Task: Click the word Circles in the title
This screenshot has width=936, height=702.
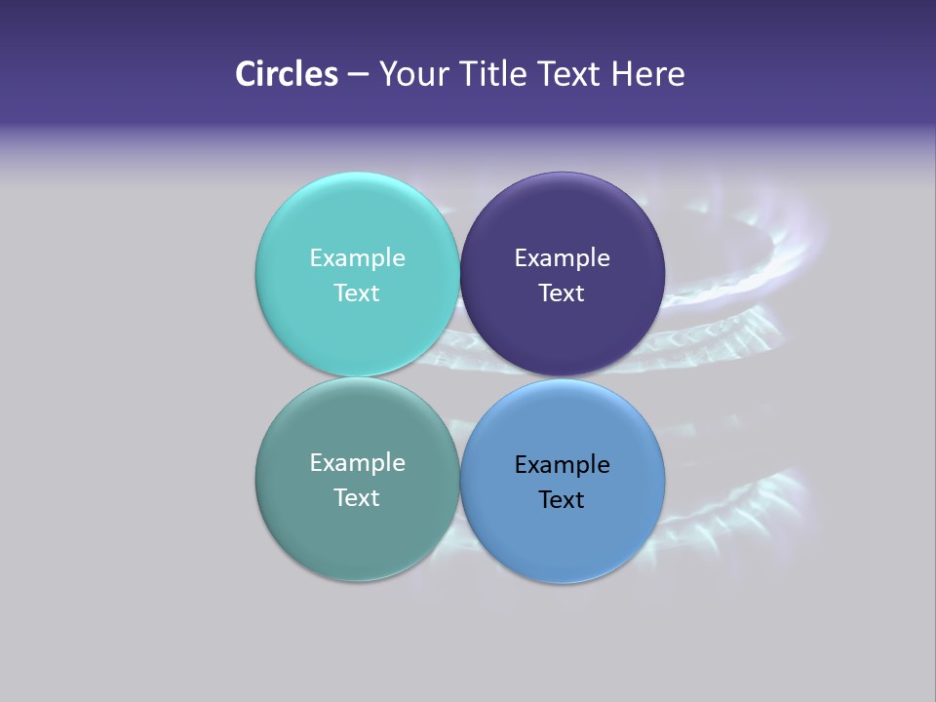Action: point(287,74)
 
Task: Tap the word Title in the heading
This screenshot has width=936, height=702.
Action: point(494,74)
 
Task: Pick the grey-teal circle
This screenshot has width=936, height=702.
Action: point(357,531)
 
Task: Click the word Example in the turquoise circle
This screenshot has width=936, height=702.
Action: point(357,257)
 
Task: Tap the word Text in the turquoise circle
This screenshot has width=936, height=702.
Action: point(357,292)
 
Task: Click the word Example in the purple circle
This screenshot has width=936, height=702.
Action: point(562,257)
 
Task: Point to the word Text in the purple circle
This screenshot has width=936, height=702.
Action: point(562,292)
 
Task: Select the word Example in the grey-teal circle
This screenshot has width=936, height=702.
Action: point(357,462)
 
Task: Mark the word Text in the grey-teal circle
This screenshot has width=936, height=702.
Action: point(357,497)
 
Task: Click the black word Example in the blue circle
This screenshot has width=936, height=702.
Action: point(562,464)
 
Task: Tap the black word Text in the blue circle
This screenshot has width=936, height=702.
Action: point(562,499)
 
